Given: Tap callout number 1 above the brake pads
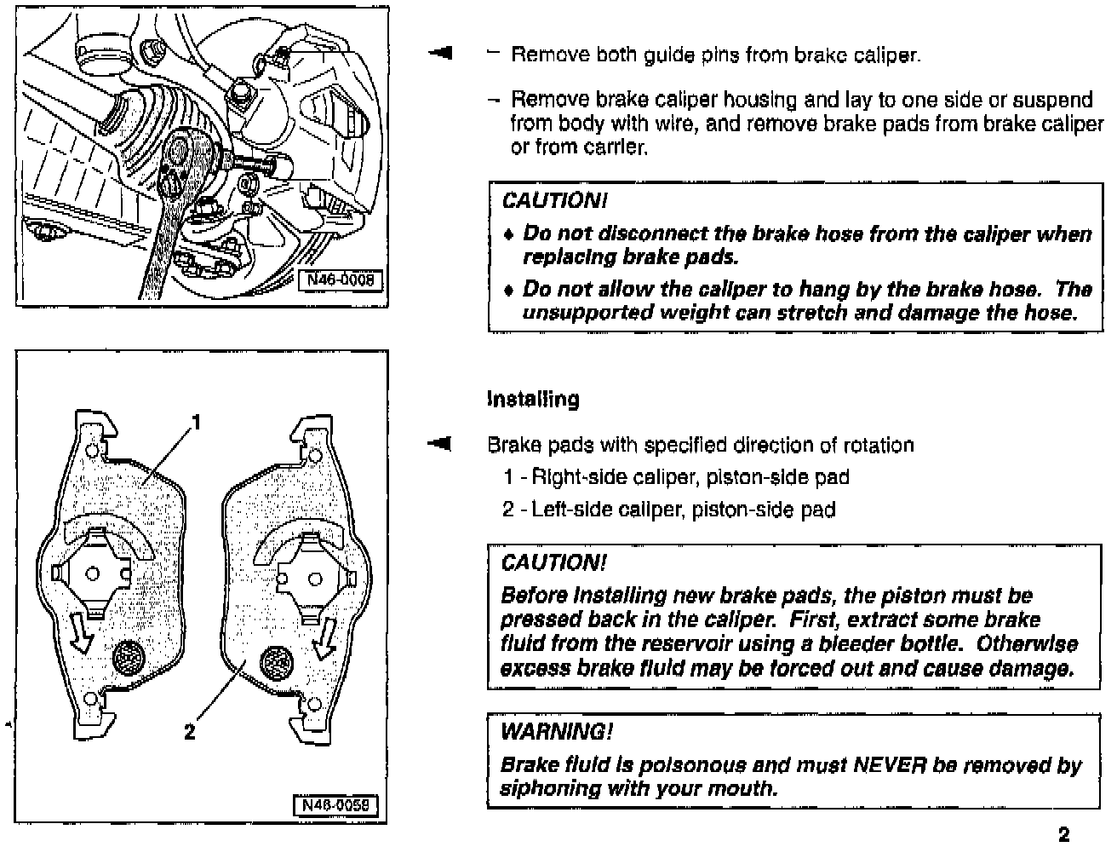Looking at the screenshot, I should pyautogui.click(x=198, y=422).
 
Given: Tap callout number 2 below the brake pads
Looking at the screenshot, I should pyautogui.click(x=190, y=731).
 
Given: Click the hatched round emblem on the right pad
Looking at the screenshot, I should pyautogui.click(x=277, y=660).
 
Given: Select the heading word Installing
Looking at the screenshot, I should pyautogui.click(x=533, y=399).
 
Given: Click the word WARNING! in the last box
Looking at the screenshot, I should pyautogui.click(x=556, y=731).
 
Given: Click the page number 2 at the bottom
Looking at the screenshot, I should pyautogui.click(x=1063, y=834).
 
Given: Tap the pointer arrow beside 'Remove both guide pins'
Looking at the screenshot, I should pyautogui.click(x=440, y=54).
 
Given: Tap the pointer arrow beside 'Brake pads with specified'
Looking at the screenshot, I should pyautogui.click(x=440, y=444).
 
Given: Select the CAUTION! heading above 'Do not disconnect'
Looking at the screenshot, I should pyautogui.click(x=554, y=201).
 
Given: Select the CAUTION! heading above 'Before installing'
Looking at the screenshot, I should pyautogui.click(x=554, y=562).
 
